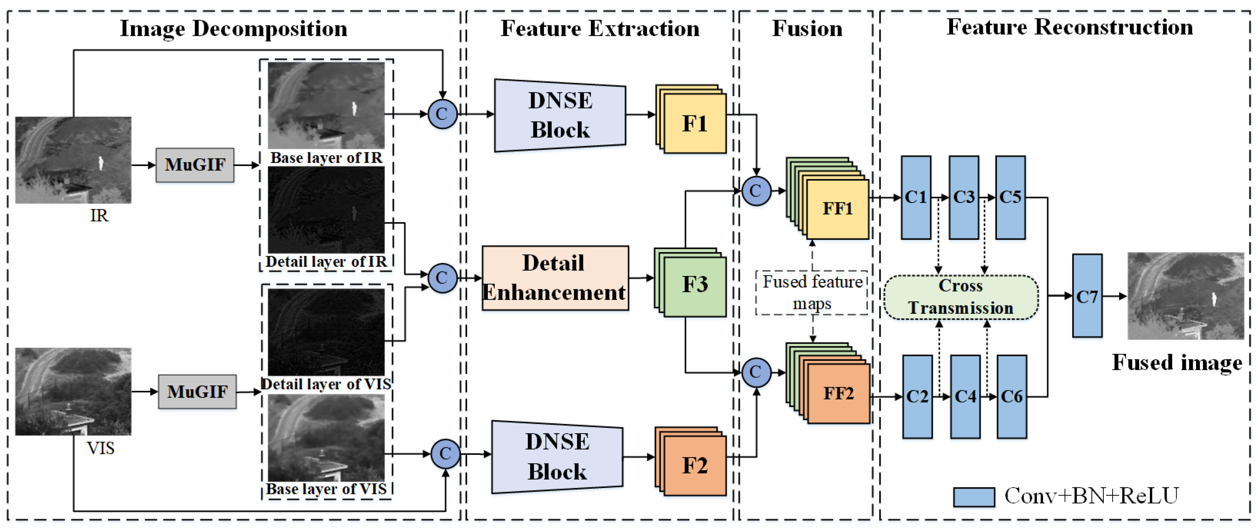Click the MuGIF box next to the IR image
tap(195, 165)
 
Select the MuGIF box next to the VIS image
tap(197, 392)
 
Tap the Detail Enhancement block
tap(555, 278)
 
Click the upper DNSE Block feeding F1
tap(560, 115)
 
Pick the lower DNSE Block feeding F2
tap(557, 457)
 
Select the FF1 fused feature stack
tap(837, 209)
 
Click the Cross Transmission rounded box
tap(961, 297)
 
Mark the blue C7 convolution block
tap(1087, 296)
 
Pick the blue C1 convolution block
tap(916, 197)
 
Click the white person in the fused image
tap(1214, 299)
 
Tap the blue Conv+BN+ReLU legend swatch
tap(974, 497)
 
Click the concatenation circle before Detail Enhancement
tap(442, 278)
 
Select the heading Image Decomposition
tap(233, 28)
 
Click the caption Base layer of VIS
tap(326, 489)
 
